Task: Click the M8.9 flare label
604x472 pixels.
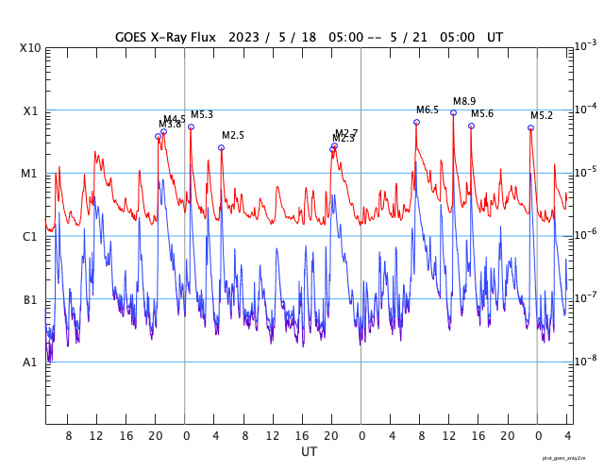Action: (464, 101)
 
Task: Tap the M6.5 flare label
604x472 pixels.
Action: (428, 110)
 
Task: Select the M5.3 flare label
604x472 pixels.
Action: (202, 114)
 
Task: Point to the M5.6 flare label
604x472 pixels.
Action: (482, 114)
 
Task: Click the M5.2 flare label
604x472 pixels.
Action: (542, 116)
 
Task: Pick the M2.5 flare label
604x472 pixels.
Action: (233, 136)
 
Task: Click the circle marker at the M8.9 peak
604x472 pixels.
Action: (453, 112)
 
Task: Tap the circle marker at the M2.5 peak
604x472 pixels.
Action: (222, 147)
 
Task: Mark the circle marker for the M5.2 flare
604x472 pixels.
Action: (530, 127)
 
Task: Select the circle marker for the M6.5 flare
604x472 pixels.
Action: (416, 122)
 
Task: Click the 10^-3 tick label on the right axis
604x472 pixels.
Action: (585, 45)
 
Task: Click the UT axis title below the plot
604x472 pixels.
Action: (309, 452)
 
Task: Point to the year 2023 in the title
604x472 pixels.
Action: (243, 37)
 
